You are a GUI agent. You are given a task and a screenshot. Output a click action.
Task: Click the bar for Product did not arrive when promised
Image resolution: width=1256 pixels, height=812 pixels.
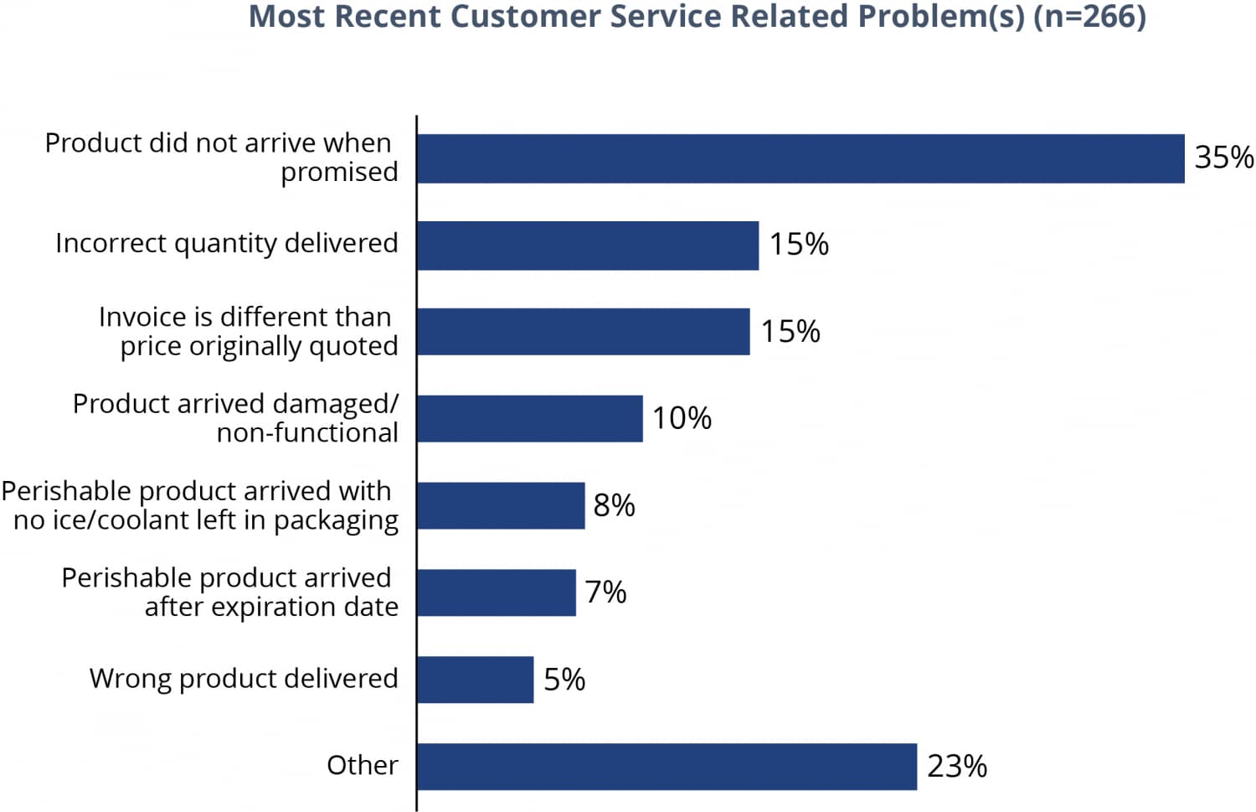[800, 158]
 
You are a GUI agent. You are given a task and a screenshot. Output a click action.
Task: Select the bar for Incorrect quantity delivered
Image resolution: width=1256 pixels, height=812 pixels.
[587, 246]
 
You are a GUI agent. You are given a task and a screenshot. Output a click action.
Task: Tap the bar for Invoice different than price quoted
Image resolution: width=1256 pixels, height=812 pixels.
[583, 332]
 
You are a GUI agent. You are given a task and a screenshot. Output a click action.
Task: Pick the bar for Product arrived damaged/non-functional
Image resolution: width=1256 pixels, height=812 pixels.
[529, 418]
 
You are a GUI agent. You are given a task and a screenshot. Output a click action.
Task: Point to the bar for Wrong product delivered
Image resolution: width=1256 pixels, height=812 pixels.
[475, 680]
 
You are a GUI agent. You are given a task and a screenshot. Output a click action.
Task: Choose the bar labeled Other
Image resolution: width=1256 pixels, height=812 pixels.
[667, 766]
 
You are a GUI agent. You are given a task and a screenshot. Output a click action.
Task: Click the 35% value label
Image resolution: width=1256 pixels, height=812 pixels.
[1223, 158]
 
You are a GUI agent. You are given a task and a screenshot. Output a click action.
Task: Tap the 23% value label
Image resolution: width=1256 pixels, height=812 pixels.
[956, 766]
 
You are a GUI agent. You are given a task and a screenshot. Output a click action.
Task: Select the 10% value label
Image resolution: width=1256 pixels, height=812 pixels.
[682, 418]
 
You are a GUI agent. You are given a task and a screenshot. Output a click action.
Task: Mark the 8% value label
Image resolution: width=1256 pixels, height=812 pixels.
[614, 505]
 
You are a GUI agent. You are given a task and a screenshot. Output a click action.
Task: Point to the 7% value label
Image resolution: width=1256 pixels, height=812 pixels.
[605, 592]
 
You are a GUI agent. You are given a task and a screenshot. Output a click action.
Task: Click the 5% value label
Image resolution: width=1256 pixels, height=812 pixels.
[564, 680]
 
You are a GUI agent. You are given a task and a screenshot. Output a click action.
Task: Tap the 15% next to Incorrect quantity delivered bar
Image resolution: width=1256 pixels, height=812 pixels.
[799, 245]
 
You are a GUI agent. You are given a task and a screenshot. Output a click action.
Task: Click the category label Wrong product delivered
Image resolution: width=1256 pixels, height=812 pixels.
[244, 678]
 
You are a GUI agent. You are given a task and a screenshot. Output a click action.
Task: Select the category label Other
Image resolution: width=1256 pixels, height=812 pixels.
[362, 765]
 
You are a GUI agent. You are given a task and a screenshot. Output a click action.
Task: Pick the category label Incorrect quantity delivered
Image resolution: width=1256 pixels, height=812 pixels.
[226, 243]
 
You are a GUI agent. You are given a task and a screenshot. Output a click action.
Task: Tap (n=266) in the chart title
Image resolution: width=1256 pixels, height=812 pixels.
[1089, 17]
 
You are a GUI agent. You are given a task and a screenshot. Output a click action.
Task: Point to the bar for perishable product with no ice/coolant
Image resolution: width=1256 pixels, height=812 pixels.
[500, 505]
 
